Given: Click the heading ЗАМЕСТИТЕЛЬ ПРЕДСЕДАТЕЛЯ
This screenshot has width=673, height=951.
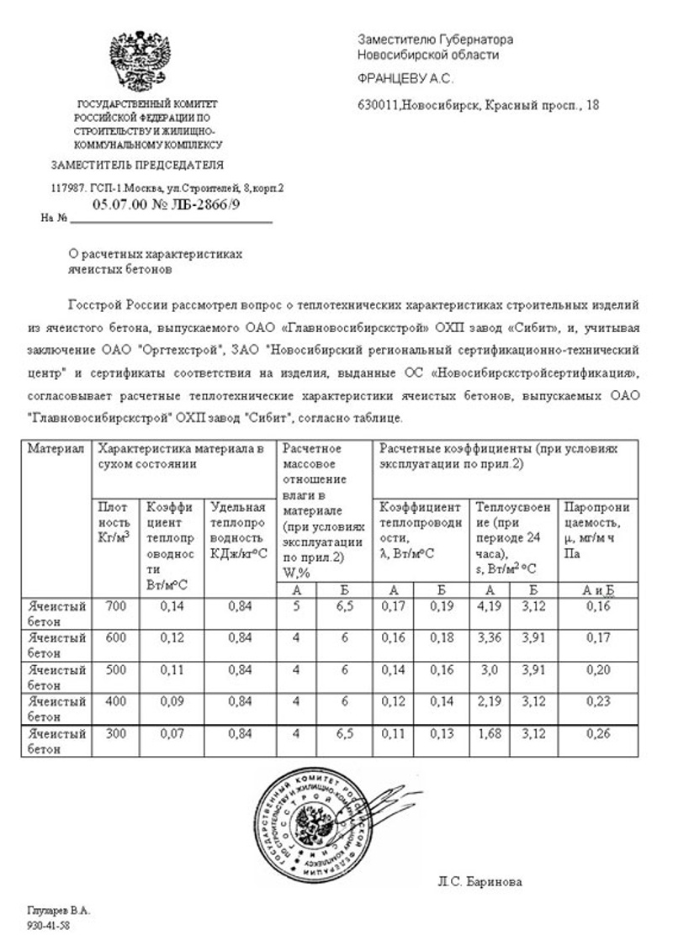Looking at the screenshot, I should click(x=137, y=165).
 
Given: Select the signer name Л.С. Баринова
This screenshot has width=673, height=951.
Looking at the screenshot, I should click(x=480, y=882).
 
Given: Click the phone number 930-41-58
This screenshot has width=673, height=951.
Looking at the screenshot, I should click(x=48, y=925).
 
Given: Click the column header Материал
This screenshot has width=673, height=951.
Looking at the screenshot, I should click(x=56, y=449).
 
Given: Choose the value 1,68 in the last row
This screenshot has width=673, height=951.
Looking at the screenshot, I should click(x=490, y=734).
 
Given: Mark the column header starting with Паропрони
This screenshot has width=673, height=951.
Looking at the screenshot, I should click(x=596, y=508).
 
